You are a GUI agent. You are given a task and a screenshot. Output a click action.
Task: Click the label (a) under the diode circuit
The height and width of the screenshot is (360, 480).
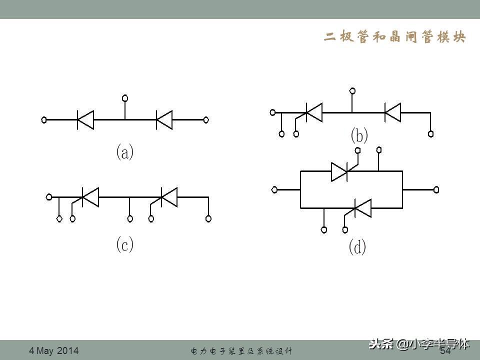125,152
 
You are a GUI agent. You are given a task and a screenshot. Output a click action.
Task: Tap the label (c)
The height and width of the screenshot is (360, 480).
125,244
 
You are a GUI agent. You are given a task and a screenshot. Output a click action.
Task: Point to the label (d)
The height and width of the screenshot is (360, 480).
357,247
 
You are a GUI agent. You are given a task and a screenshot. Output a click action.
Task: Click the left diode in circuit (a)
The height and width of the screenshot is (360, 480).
85,120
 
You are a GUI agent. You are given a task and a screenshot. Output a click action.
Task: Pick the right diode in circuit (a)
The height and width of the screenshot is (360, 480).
164,120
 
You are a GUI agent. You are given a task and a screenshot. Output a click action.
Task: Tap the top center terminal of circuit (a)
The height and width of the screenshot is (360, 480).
125,97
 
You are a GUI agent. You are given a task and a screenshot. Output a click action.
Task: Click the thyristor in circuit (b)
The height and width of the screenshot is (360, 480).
313,112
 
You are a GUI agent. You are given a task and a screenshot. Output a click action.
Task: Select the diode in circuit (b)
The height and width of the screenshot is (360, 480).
392,112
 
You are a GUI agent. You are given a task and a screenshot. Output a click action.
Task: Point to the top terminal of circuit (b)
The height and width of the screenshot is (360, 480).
352,91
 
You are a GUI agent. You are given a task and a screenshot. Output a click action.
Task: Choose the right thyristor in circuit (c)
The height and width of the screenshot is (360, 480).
169,197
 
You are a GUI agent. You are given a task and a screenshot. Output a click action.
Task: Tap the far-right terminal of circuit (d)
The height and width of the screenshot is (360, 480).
436,189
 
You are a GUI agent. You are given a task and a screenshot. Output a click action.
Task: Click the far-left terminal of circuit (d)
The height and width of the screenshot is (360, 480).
274,189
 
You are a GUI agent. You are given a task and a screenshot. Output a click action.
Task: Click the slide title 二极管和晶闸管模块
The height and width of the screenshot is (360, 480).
395,38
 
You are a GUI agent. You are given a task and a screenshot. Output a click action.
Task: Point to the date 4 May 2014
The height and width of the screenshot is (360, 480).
54,350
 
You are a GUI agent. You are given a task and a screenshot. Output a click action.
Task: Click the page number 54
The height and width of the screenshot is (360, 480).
445,351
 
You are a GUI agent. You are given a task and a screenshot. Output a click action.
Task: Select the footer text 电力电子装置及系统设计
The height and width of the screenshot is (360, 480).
241,351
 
